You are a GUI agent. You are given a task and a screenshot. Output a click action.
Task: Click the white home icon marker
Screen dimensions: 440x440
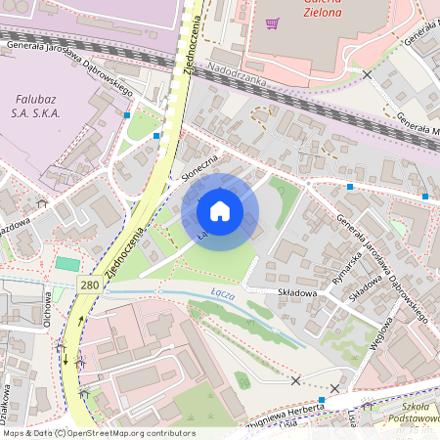click(220, 211)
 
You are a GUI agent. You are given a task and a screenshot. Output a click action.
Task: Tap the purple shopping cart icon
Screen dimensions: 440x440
click(273, 23)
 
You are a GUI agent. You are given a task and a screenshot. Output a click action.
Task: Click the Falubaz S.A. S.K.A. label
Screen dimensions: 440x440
click(38, 107)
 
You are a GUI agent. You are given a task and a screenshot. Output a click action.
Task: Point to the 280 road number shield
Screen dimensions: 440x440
click(90, 284)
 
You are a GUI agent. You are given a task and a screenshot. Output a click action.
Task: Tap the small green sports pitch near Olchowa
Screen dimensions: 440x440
click(66, 263)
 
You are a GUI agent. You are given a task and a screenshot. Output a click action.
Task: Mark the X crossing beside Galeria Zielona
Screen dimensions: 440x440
click(367, 74)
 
